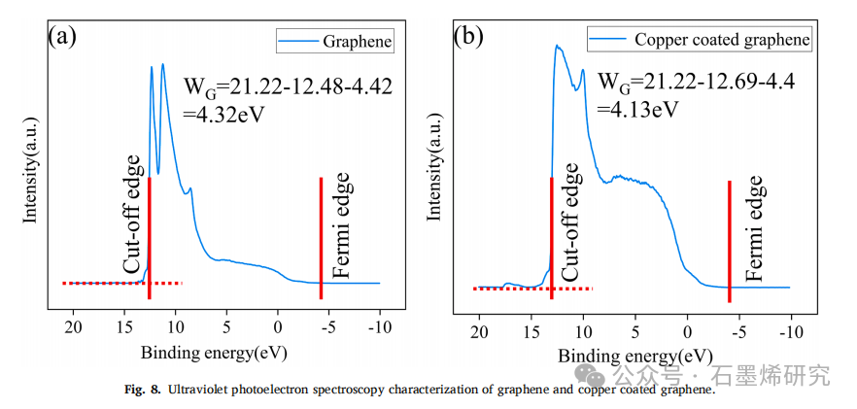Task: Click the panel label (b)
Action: pos(467,38)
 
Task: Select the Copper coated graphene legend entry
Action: pos(721,40)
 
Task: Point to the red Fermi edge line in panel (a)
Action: pos(321,238)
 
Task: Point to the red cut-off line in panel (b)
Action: pos(551,238)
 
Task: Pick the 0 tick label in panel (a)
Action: pos(278,326)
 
